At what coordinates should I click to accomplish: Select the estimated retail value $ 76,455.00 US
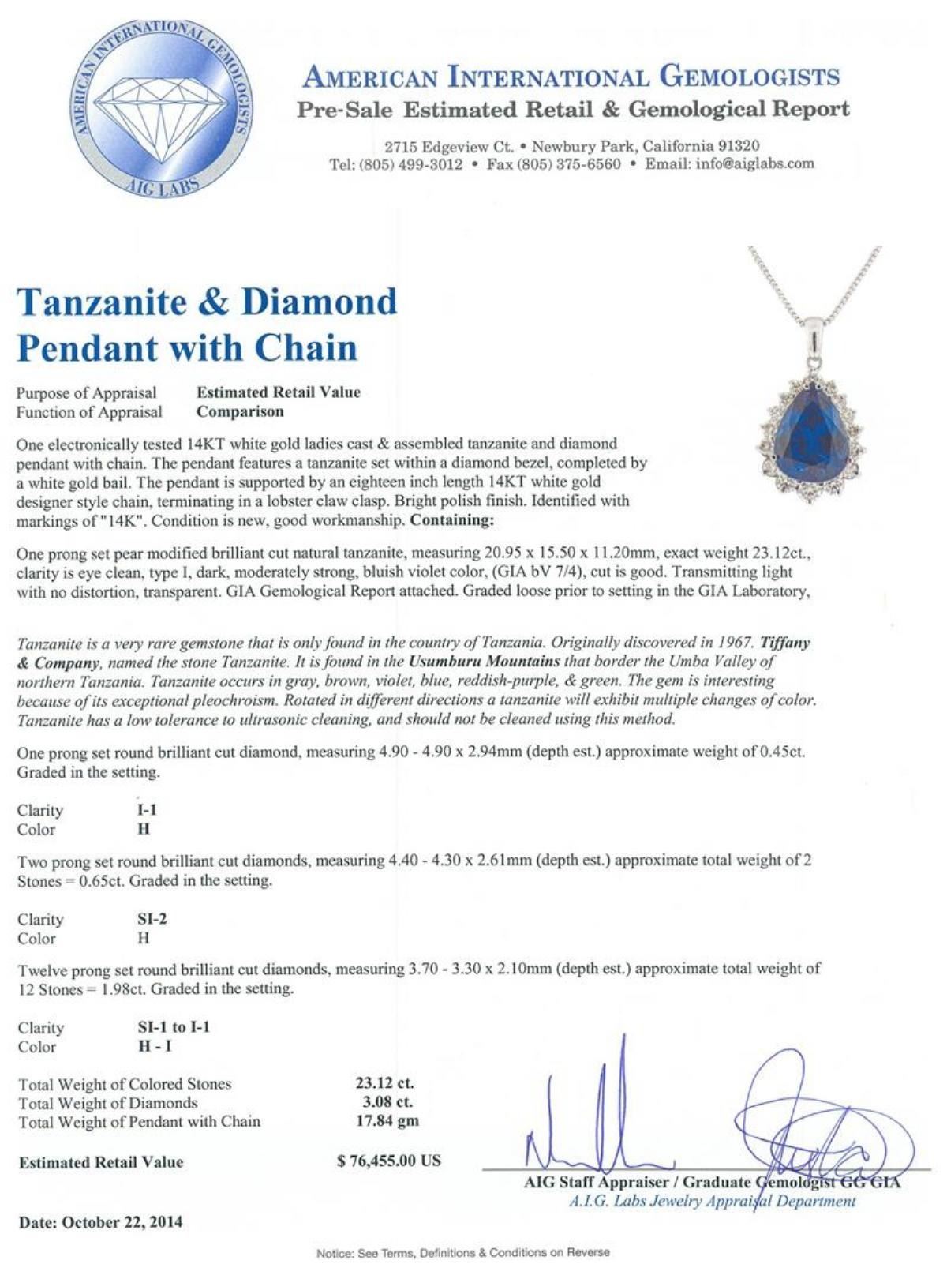tap(388, 1161)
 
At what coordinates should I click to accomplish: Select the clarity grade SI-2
tap(147, 919)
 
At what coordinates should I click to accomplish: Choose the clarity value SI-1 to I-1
tap(169, 1027)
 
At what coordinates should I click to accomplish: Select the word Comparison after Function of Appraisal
tap(240, 411)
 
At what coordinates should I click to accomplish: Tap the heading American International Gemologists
tap(571, 77)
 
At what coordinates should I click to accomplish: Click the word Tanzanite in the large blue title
tap(114, 302)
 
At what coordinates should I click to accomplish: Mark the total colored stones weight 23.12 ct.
tap(384, 1083)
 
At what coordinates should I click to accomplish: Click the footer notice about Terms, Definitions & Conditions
tap(463, 1253)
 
